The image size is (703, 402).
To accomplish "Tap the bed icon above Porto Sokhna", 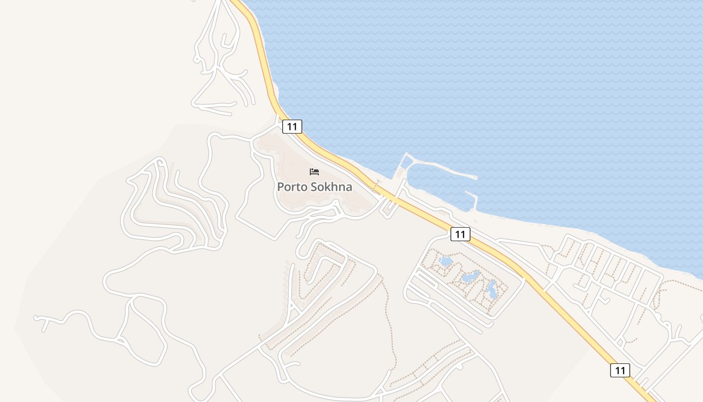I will point(314,172).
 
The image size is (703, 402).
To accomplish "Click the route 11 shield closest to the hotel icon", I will point(292,127).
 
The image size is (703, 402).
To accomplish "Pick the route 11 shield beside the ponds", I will point(460,234).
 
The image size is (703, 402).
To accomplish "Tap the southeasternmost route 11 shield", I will point(620,370).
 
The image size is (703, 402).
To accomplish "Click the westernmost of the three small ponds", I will point(445,261).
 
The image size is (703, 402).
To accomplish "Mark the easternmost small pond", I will point(492,289).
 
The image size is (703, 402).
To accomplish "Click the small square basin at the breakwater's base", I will point(406,162).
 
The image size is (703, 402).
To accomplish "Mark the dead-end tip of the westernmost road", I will point(36,318).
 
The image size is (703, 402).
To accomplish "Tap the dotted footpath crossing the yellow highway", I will point(376,186).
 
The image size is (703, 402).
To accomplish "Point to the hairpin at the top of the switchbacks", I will point(160,162).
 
